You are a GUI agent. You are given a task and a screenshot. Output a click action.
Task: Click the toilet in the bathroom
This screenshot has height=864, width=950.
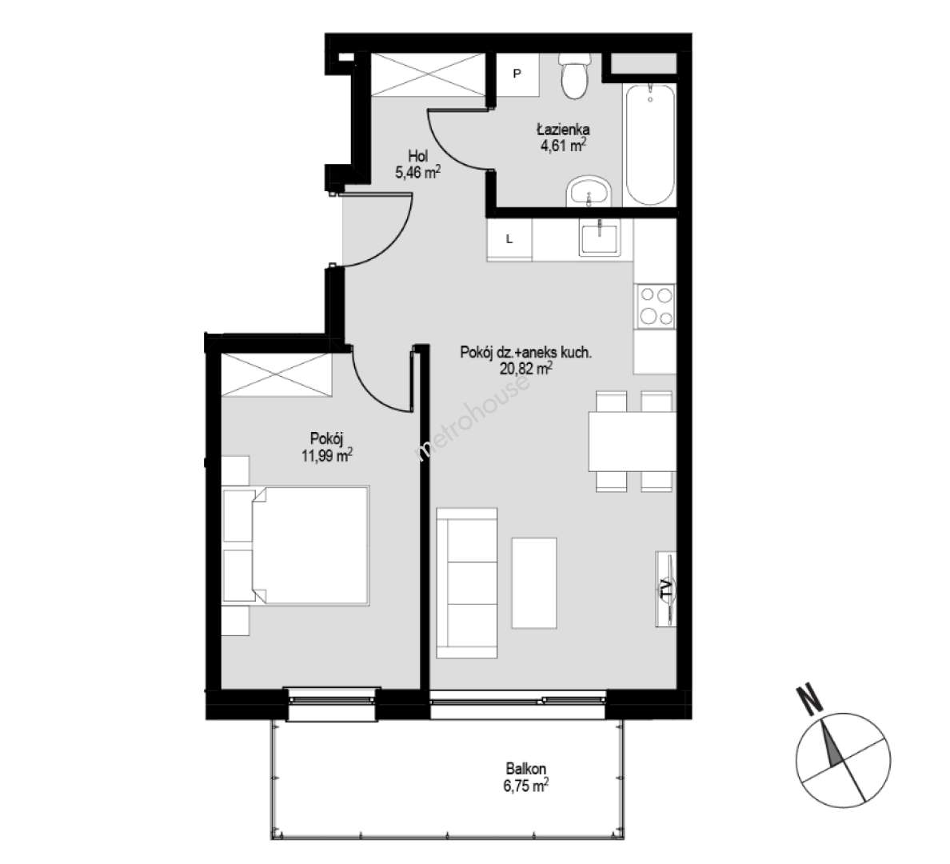574,76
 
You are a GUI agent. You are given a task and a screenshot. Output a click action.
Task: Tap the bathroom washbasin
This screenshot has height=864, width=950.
589,192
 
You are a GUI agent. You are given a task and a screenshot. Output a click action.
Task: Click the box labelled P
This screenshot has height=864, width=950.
517,74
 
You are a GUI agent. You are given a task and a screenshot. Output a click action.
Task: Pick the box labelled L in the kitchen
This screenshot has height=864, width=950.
509,239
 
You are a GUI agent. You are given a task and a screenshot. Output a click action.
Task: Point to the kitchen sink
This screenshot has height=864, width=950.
599,238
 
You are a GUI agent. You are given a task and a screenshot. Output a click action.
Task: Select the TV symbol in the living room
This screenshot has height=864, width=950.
666,589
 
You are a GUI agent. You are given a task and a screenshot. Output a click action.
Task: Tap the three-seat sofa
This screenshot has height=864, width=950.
467,583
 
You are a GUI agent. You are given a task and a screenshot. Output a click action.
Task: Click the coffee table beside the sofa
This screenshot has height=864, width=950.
534,582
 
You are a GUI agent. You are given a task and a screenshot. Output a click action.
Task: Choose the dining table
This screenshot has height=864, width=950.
633,442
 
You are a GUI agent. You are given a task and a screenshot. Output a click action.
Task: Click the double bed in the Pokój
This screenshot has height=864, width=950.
296,545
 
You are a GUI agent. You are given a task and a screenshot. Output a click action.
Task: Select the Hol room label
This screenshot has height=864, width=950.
417,157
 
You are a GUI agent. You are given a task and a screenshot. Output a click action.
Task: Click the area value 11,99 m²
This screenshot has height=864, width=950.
327,454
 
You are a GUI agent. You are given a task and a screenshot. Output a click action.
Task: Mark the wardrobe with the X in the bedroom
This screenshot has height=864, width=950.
276,375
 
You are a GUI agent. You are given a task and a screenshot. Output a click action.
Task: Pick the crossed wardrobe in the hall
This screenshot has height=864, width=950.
428,74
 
